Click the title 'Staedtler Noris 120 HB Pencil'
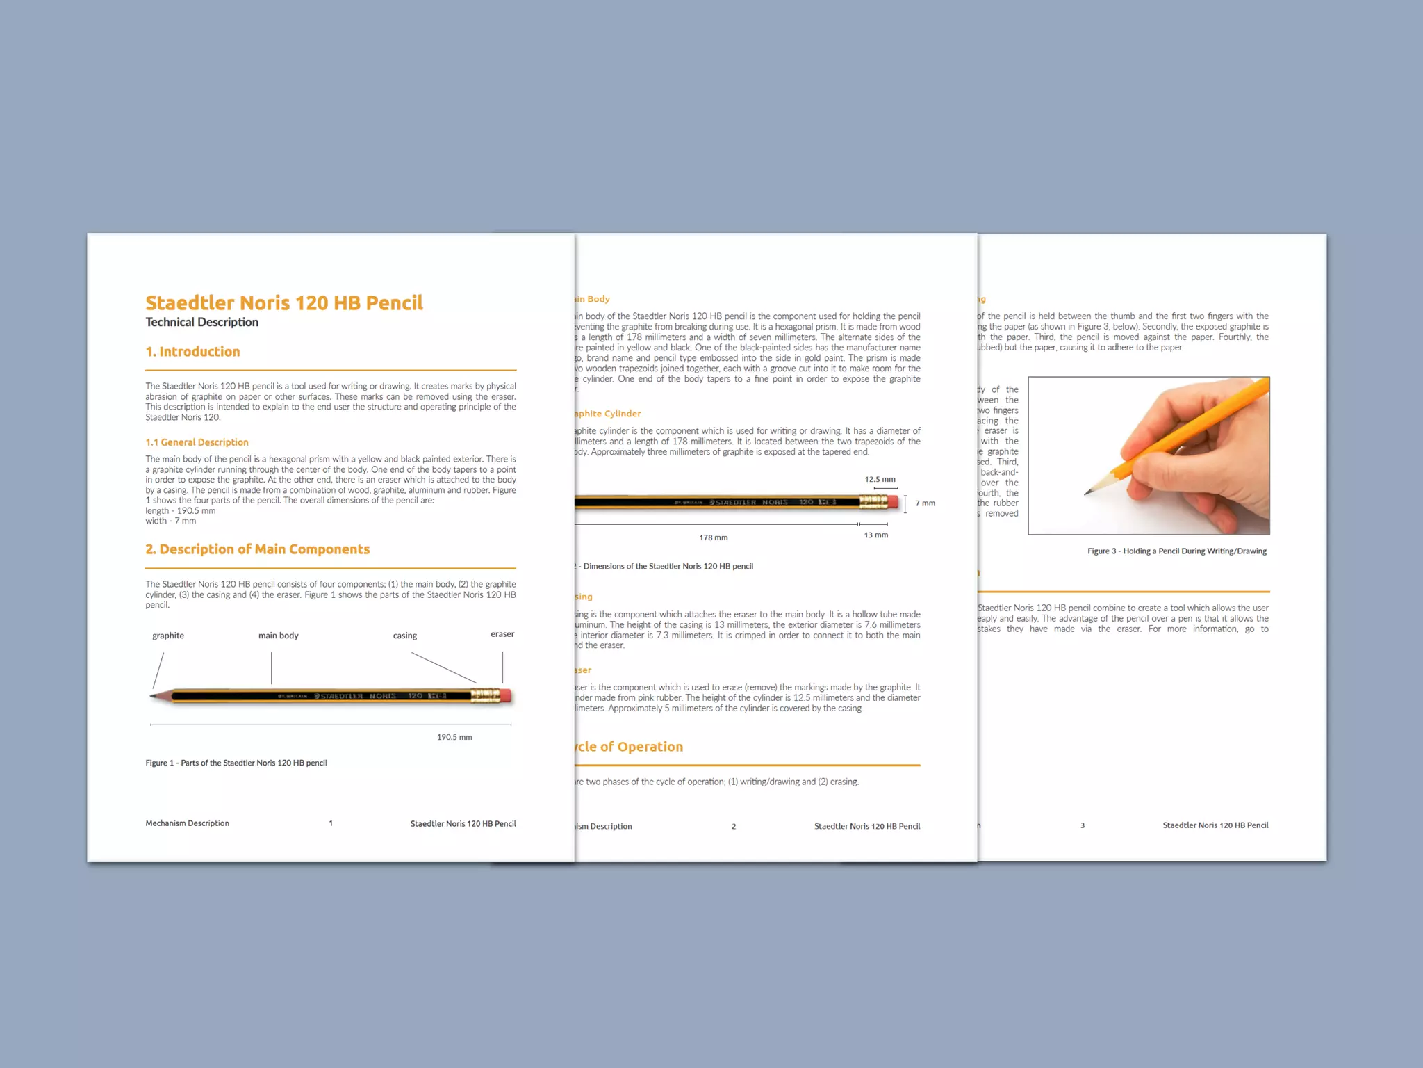coord(283,303)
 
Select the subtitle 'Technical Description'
coord(201,322)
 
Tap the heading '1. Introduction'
coord(192,352)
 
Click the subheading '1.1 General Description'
coord(197,442)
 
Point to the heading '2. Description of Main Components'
coord(257,549)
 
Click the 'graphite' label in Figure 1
coord(168,636)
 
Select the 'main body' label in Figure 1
coord(278,636)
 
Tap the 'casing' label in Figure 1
coord(404,636)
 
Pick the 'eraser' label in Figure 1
coord(502,634)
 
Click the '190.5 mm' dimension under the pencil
coord(454,737)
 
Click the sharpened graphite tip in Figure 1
coord(154,695)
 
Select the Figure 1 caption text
coord(236,763)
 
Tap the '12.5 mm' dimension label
coord(880,479)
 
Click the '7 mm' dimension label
coord(925,503)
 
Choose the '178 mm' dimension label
coord(714,537)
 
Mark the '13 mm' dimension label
coord(875,535)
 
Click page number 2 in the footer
coord(734,826)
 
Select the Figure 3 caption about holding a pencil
coord(1177,551)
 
